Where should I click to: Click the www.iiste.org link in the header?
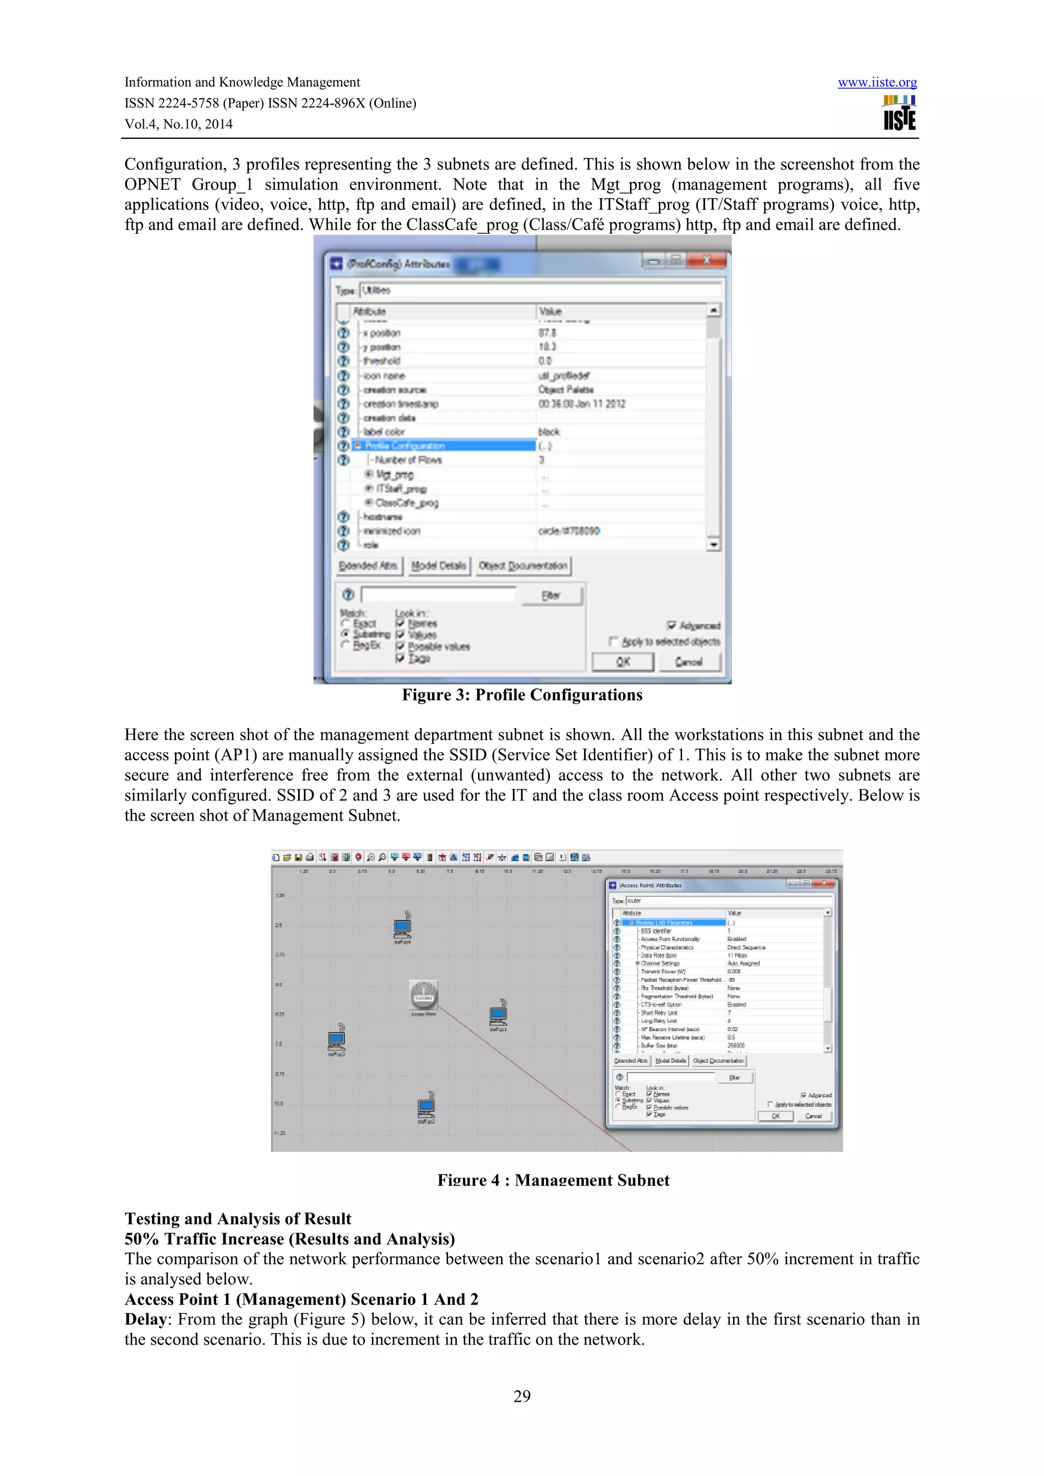pos(877,83)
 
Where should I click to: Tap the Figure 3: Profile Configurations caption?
pos(521,695)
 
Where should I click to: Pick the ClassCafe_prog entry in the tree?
pos(406,503)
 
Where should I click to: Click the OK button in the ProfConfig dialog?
pos(622,662)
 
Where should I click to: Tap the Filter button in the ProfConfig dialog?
pos(551,595)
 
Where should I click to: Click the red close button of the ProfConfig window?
pos(707,260)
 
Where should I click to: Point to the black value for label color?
pos(549,432)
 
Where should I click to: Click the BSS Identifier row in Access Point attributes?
pos(656,931)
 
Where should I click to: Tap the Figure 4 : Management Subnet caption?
pos(553,1180)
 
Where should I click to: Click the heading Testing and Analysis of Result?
pos(238,1219)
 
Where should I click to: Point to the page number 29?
pos(521,1396)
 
